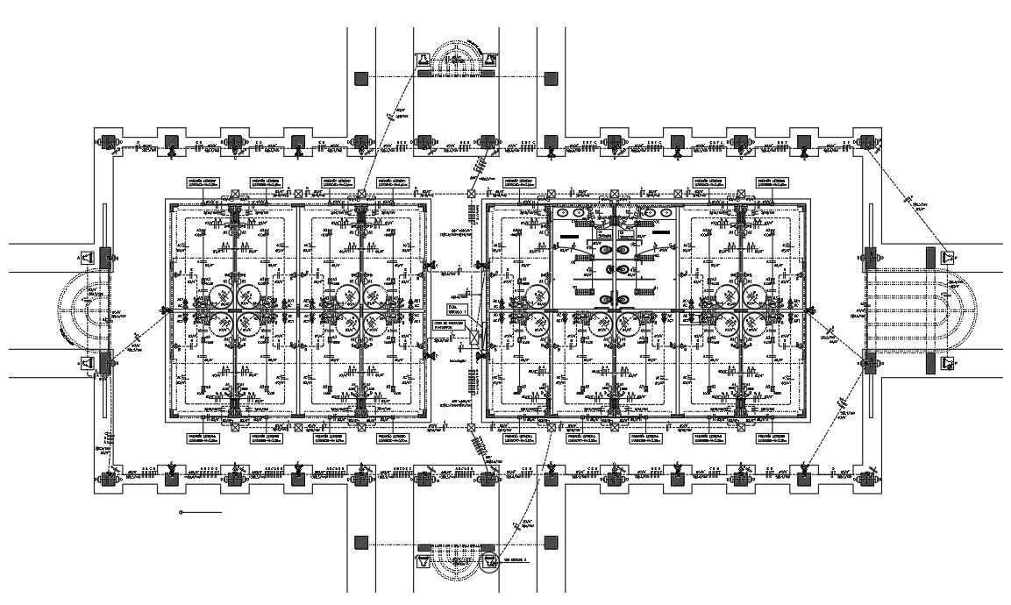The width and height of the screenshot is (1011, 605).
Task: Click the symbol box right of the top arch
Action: coord(489,60)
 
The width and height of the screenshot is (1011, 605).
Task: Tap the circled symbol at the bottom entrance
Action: coord(489,561)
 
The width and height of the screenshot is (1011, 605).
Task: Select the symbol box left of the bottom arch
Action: coord(423,559)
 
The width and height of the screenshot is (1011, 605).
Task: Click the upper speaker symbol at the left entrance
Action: coord(87,258)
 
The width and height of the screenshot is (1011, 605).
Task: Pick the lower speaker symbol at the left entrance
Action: coord(87,363)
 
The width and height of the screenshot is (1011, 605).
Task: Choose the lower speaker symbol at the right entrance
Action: coord(948,363)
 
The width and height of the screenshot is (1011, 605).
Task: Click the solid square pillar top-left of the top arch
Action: coord(361,78)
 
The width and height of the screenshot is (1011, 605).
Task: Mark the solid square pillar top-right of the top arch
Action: coord(551,78)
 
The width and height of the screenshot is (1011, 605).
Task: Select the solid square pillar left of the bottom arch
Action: coord(361,543)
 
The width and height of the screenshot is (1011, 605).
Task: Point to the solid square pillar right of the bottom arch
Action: coord(551,543)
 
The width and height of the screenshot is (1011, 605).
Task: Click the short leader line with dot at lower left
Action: coord(200,512)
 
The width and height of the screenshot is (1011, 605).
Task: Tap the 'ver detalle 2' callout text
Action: coord(516,559)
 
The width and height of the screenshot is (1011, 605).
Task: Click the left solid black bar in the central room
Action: coord(570,236)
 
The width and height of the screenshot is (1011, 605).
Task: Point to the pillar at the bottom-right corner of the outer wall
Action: coord(868,478)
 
